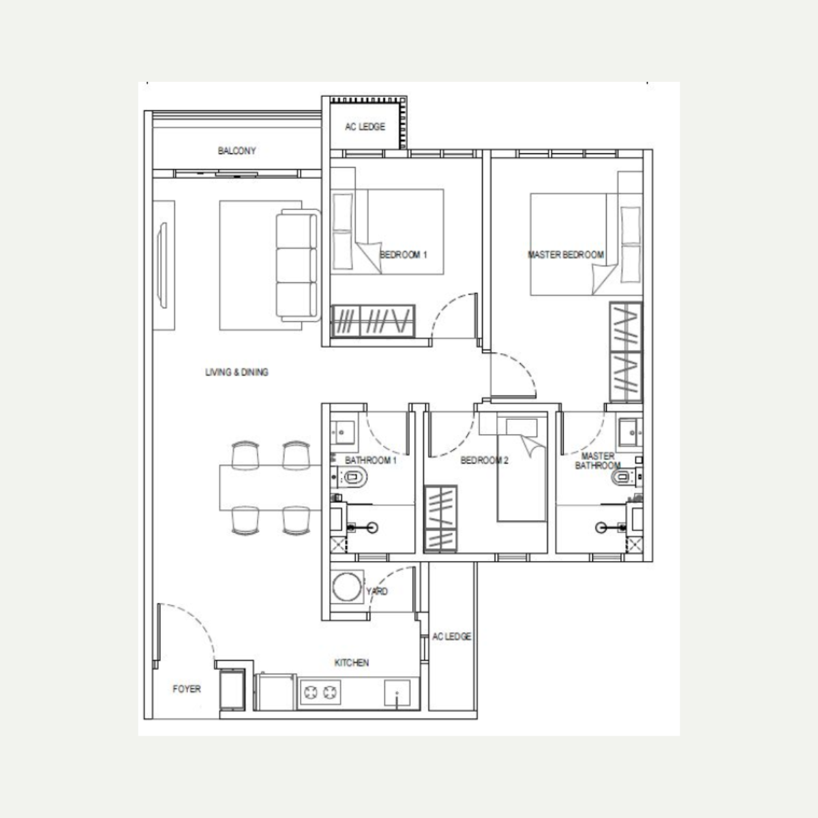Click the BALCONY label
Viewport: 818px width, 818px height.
237,151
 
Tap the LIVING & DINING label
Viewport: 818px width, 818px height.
237,372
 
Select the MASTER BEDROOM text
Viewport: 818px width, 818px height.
566,255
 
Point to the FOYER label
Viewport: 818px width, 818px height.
186,688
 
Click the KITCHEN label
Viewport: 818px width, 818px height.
352,663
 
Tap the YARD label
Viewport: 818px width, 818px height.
377,591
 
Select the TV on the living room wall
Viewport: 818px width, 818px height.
162,265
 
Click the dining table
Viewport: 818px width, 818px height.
270,488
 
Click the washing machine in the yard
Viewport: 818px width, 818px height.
347,587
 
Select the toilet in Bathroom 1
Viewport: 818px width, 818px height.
351,477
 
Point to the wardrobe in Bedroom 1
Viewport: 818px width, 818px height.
373,321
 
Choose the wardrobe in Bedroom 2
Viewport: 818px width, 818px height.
441,519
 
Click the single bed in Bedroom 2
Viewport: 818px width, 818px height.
521,470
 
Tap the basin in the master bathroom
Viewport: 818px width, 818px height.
631,433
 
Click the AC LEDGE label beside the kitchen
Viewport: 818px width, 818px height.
452,636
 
